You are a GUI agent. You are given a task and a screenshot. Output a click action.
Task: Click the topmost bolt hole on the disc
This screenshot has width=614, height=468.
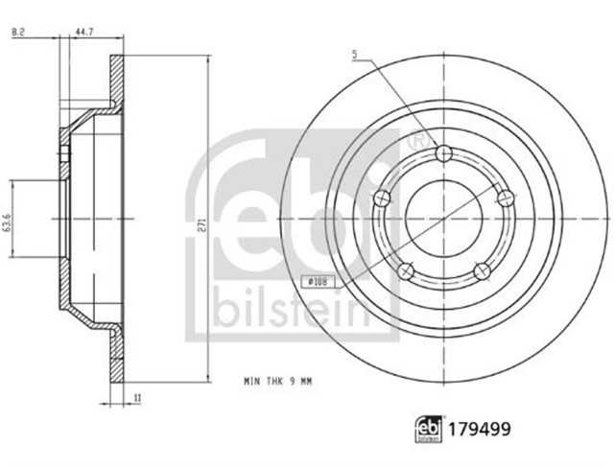point(442,154)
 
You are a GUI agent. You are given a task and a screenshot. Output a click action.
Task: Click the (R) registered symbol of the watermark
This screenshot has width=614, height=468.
point(414,140)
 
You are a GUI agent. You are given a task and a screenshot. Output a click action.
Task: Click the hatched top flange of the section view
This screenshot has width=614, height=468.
point(116,82)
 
